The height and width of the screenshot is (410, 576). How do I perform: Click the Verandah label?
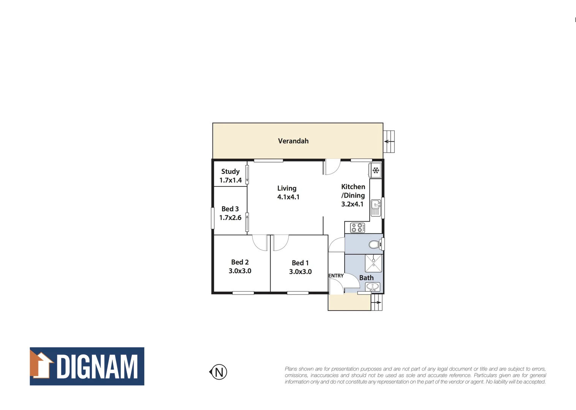coord(293,141)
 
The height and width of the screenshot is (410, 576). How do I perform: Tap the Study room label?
coord(230,172)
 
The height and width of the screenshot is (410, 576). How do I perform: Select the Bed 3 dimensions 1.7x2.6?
coord(230,218)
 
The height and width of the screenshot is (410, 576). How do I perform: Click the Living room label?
coord(287,188)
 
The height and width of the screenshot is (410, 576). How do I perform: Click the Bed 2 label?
coord(240,262)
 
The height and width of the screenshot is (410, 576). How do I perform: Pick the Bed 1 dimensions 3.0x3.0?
coord(300,272)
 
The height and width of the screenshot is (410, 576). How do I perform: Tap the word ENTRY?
coord(336,276)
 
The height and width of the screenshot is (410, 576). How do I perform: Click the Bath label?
coord(366,278)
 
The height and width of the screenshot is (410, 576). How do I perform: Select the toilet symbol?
coord(375,244)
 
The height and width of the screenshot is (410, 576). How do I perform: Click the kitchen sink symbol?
coord(375,207)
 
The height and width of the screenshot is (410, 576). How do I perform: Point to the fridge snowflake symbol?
coord(376,170)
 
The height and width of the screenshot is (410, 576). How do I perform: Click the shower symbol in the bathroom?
coord(373,263)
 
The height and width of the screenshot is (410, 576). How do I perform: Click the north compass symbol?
coord(218,372)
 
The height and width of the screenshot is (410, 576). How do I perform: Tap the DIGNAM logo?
coord(87,366)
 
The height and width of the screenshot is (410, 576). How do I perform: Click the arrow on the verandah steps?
coord(388,142)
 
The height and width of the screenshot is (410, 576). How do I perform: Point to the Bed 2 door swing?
coord(260,243)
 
